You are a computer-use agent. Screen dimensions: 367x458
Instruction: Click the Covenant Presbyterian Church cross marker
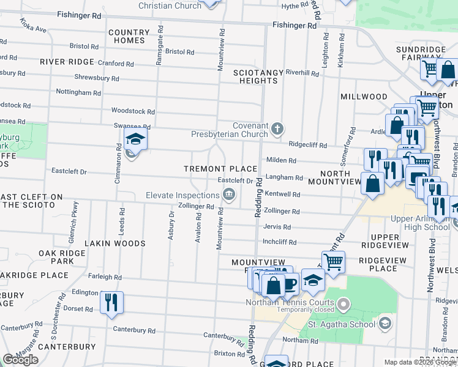(x=278, y=128)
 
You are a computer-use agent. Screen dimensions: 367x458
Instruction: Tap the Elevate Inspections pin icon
(x=229, y=195)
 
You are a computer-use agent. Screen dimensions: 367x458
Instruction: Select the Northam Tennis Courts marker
(x=344, y=303)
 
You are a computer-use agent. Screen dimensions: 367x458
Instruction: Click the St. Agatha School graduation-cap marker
(x=385, y=323)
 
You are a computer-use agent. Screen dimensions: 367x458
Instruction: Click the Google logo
(x=20, y=360)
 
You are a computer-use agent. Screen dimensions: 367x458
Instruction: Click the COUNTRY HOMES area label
(x=129, y=36)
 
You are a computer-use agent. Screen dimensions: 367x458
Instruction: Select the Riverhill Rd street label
(x=302, y=73)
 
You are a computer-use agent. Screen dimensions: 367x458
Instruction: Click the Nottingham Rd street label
(x=78, y=93)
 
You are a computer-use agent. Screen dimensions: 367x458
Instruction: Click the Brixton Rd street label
(x=230, y=354)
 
